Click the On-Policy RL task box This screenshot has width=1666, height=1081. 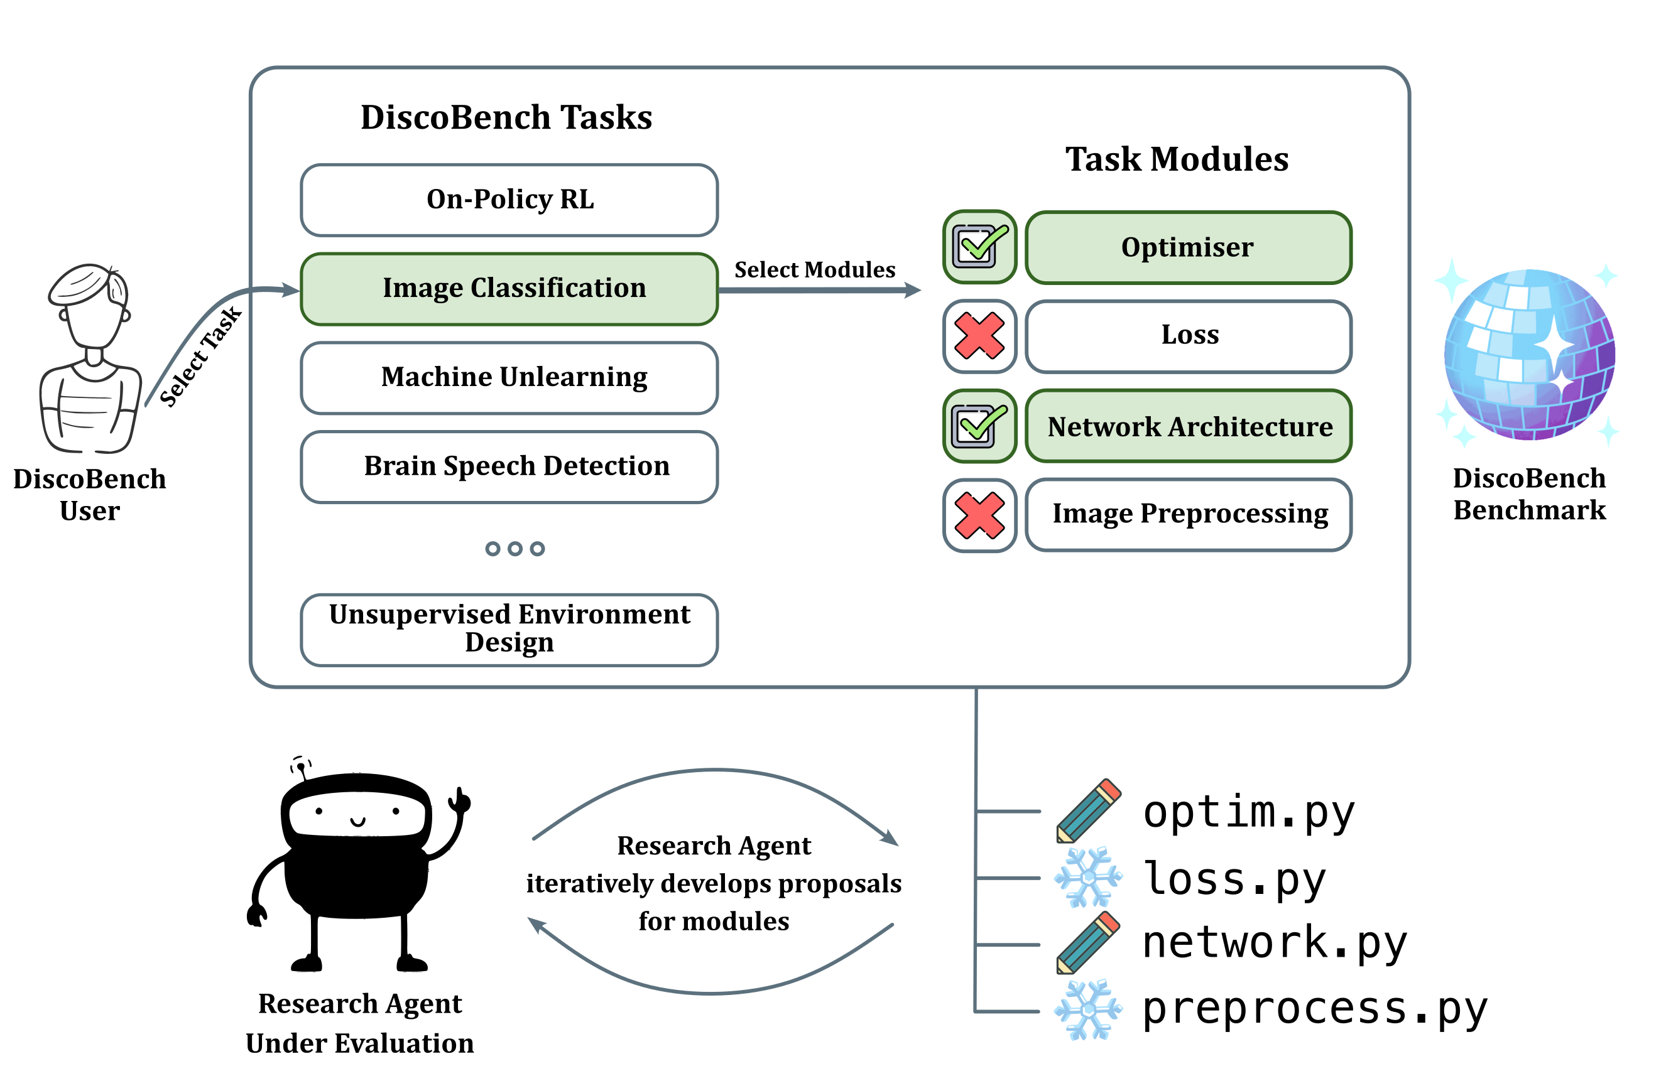coord(509,200)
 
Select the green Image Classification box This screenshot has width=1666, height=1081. coord(509,289)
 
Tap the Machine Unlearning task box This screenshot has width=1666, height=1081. coord(509,378)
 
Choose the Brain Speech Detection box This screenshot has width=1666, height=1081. coord(509,466)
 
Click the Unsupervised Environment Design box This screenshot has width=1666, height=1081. coord(509,629)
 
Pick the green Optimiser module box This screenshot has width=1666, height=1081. coord(1188,248)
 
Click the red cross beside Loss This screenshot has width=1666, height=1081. coord(979,336)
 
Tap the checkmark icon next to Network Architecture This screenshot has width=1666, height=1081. coord(979,426)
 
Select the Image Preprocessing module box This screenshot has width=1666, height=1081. coord(1188,514)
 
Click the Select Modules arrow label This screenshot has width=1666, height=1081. coord(814,270)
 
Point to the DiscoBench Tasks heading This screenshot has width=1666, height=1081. coord(506,117)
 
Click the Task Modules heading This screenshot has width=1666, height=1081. coord(1177,159)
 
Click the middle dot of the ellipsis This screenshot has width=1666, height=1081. coord(514,549)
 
